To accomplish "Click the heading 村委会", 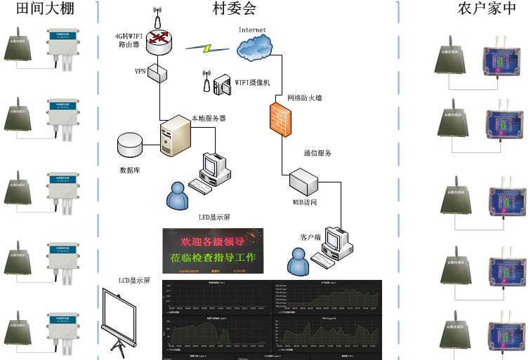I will [x=235, y=9].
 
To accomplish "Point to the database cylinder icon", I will [x=130, y=145].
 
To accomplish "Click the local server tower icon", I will [x=175, y=136].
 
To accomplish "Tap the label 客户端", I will [x=310, y=237].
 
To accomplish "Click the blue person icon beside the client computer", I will [x=299, y=263].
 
